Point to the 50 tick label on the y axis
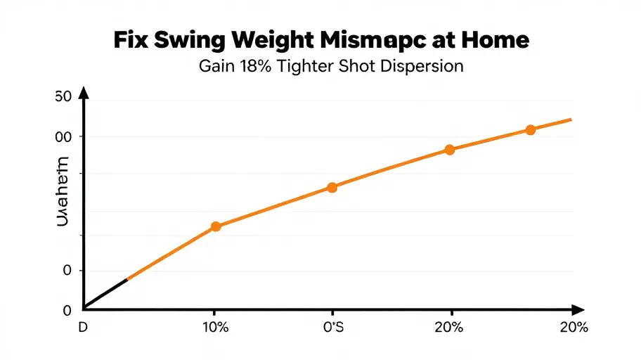point(63,98)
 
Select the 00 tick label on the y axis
point(63,136)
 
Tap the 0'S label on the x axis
point(332,328)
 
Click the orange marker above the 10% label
point(216,226)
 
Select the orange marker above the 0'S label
point(332,188)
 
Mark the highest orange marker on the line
point(531,130)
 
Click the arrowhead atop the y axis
point(84,92)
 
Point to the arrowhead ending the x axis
point(579,309)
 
